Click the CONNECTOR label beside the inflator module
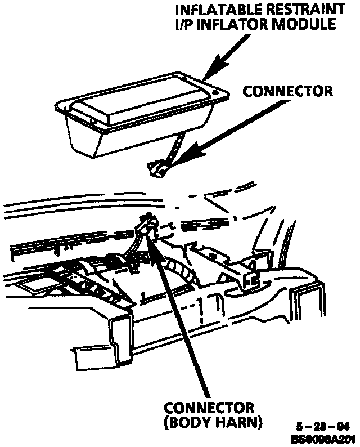pos(287,91)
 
